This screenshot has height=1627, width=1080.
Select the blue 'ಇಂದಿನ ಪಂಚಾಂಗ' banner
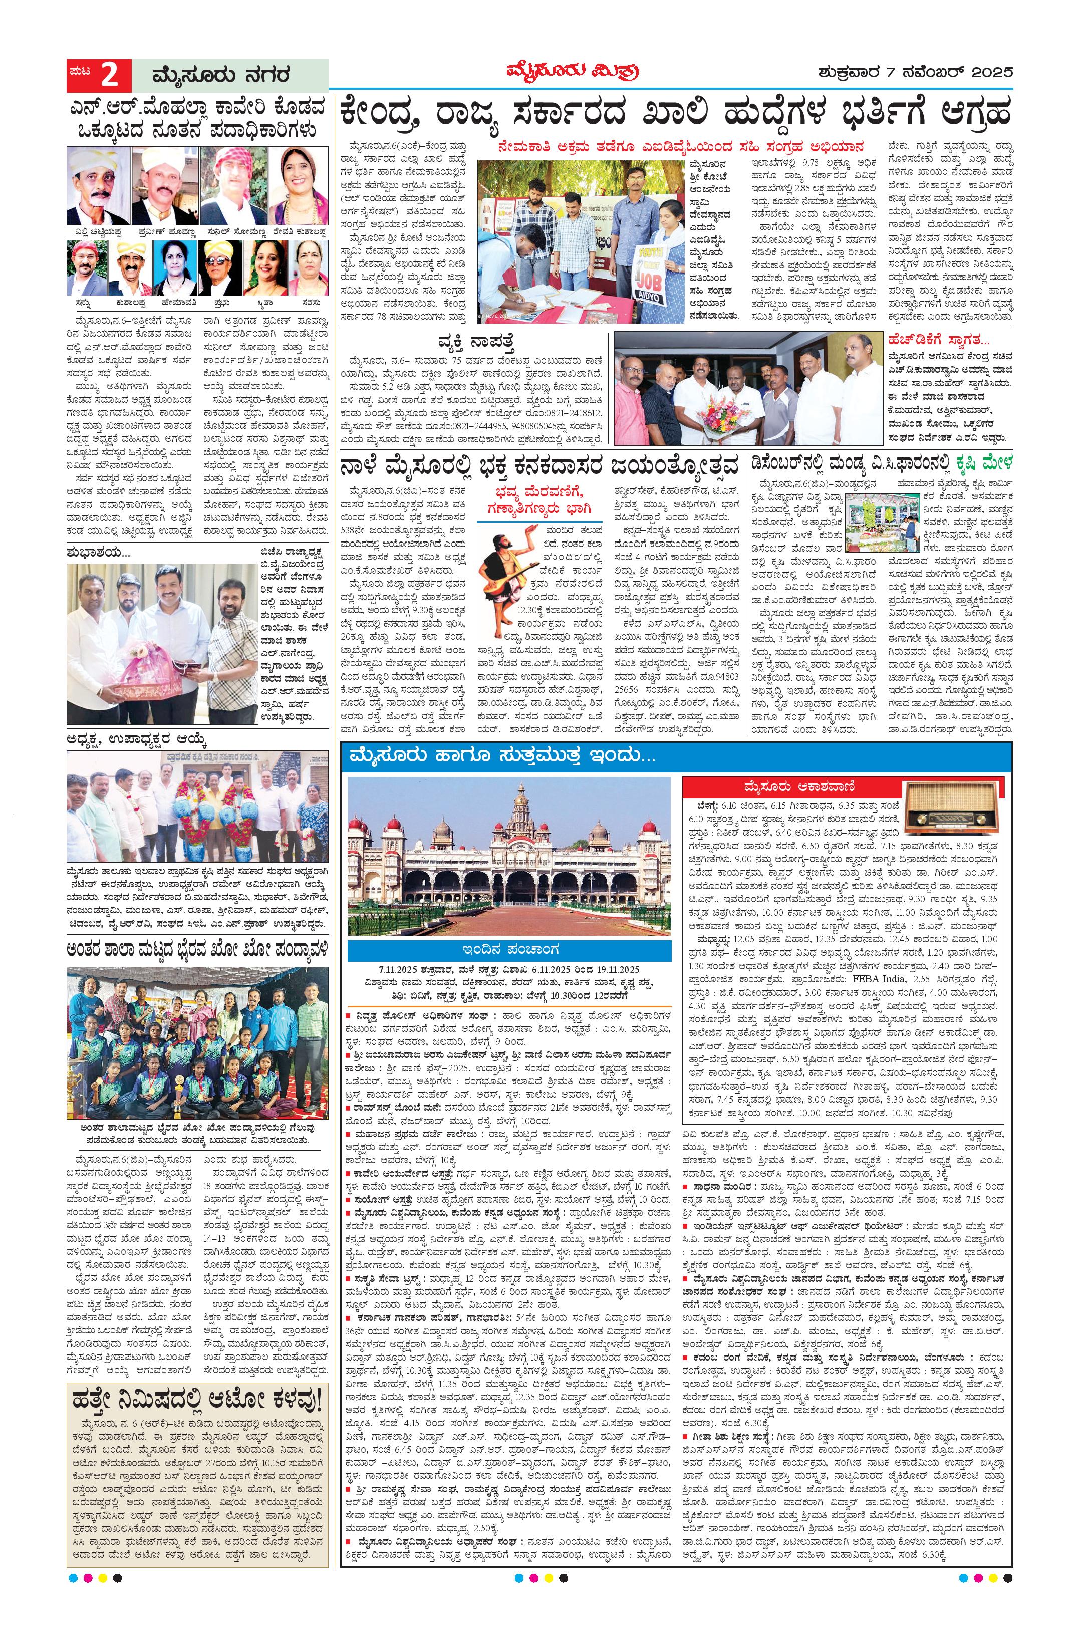[x=509, y=951]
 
